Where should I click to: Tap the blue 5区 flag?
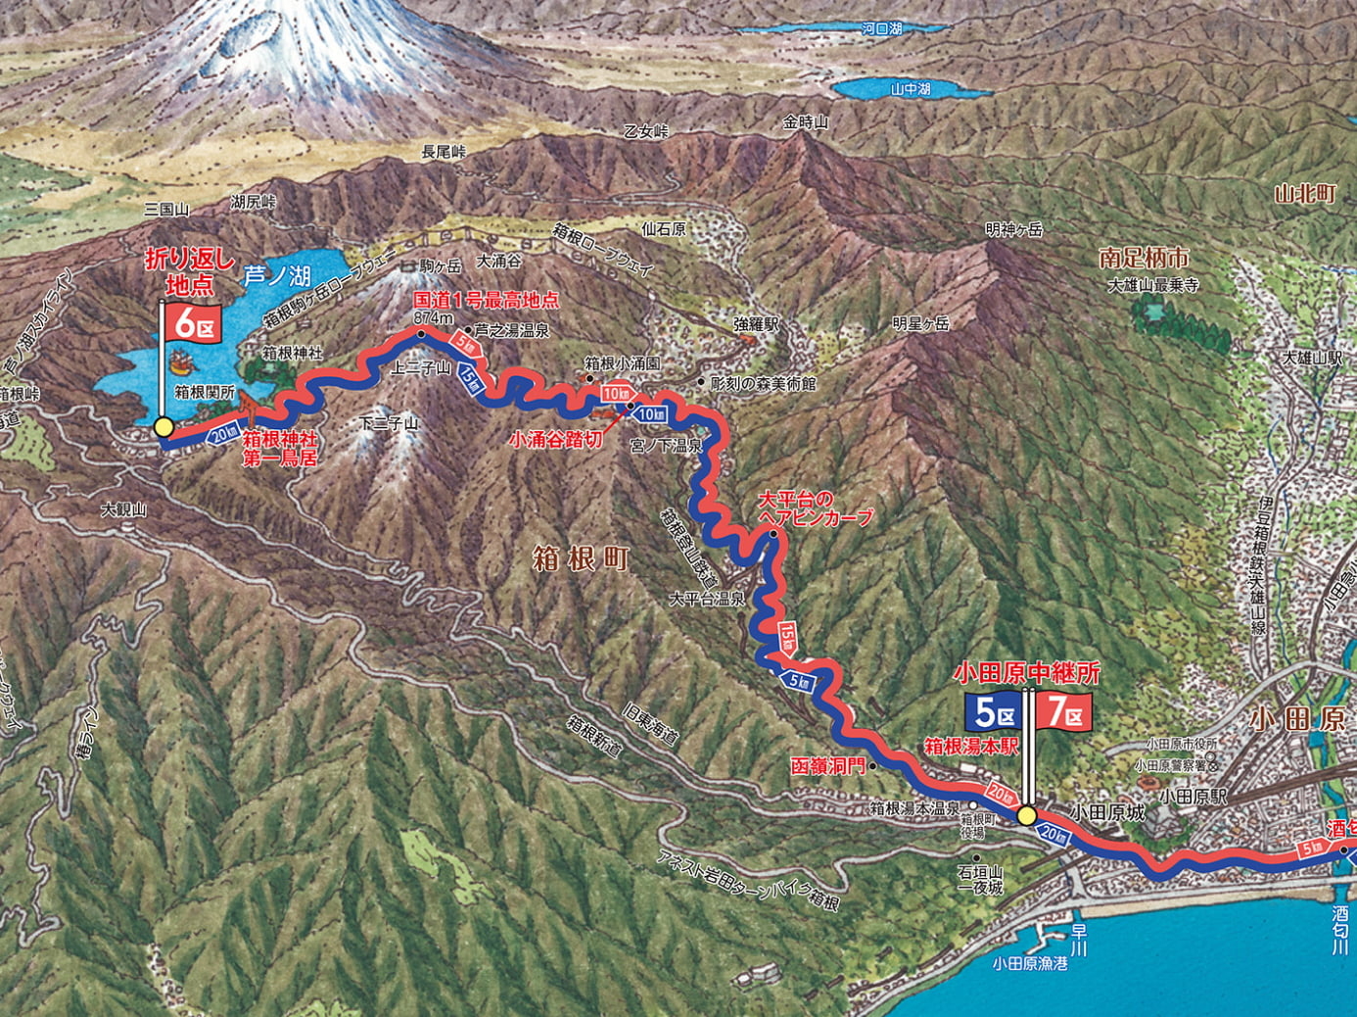(994, 712)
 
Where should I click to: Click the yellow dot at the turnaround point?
(164, 427)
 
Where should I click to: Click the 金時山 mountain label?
(805, 122)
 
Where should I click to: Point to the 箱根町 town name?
(581, 559)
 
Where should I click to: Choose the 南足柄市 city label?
(1144, 259)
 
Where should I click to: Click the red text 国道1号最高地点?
(486, 300)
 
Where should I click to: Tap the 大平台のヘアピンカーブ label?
(815, 509)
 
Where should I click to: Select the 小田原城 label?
(1106, 812)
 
